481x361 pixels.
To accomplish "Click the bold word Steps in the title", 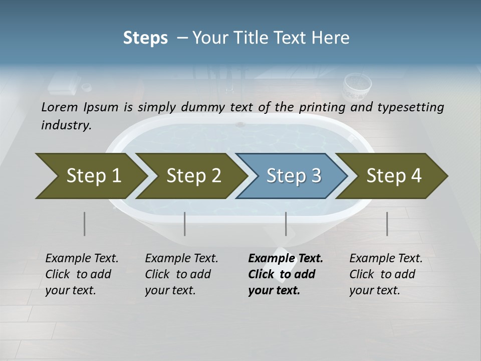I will [145, 38].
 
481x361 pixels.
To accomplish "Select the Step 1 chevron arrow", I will [90, 176].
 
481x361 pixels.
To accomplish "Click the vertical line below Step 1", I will [85, 224].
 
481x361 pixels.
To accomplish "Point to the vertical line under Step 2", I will [185, 224].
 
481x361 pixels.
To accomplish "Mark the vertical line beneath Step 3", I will [286, 224].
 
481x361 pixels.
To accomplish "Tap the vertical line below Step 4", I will [387, 224].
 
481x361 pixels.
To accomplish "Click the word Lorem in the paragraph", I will [60, 107].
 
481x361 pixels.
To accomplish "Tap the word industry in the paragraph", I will [66, 125].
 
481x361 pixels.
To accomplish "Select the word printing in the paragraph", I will [321, 107].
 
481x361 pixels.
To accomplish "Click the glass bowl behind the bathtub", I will [357, 86].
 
